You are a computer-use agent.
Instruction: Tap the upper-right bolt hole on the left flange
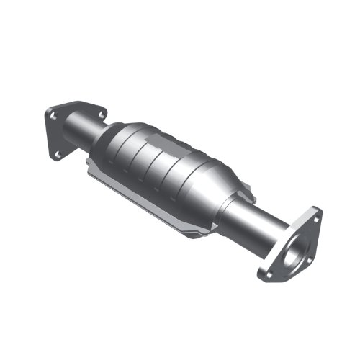coord(99,113)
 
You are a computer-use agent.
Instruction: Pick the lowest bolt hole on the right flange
coord(268,274)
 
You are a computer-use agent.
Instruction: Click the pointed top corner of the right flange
coord(316,210)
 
